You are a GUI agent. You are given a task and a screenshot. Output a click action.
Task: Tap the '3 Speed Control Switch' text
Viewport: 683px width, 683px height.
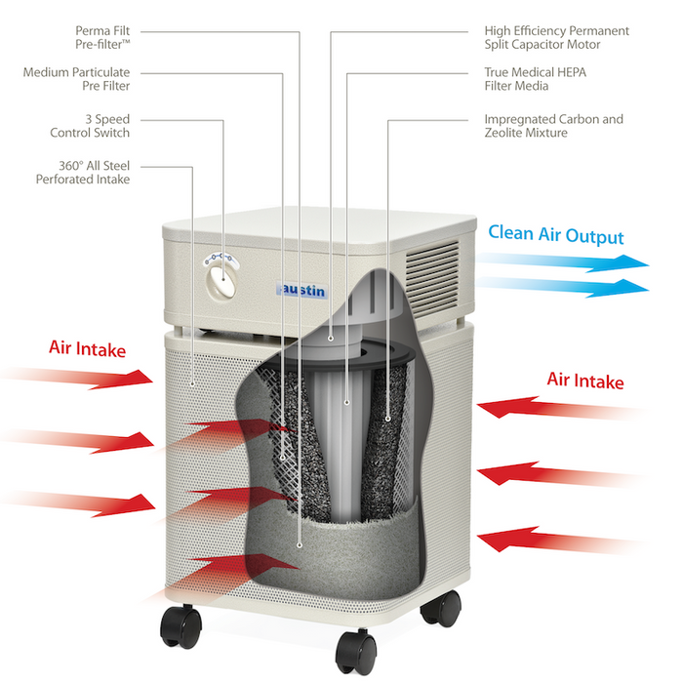pos(93,126)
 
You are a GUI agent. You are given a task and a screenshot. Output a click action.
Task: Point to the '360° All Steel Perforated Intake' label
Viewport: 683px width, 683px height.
pos(83,173)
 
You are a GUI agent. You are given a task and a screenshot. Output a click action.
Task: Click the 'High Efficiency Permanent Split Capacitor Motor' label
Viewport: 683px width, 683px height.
pos(556,38)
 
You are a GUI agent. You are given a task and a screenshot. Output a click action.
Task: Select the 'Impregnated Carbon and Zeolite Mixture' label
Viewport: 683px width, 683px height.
pos(553,126)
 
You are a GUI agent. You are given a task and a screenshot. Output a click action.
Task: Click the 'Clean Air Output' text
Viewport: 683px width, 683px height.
pos(555,235)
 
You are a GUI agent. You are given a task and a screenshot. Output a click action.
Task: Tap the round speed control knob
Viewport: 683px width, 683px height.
pos(221,281)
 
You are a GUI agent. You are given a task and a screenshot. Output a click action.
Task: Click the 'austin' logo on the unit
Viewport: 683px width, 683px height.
pos(301,291)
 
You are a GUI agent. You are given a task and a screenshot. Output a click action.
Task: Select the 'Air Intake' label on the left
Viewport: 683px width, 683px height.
pos(88,348)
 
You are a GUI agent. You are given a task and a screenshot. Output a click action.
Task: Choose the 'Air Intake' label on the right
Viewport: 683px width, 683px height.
pos(584,381)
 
